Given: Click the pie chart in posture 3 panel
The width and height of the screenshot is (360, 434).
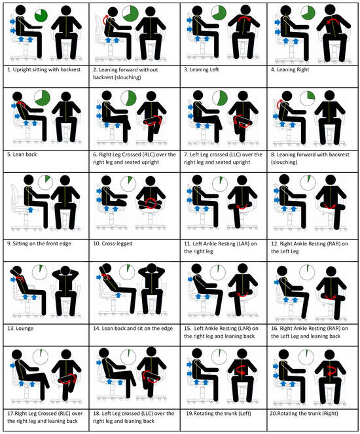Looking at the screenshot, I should click(x=219, y=14).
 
